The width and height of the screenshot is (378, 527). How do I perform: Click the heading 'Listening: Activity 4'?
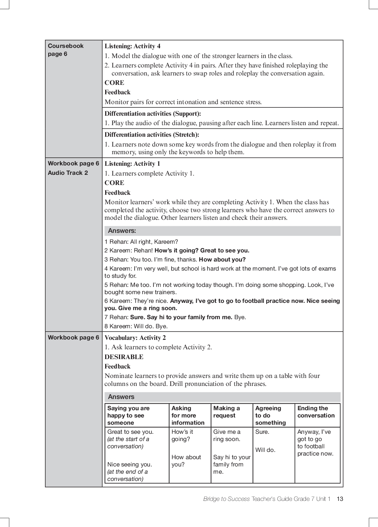[x=132, y=46]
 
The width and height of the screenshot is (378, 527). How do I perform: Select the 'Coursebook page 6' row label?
[x=66, y=50]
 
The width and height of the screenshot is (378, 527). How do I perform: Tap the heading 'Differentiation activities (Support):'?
[x=153, y=114]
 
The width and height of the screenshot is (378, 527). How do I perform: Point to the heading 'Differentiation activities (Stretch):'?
[x=152, y=135]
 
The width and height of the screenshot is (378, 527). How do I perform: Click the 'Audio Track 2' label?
[x=68, y=173]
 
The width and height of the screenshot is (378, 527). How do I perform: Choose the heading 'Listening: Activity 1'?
[x=132, y=164]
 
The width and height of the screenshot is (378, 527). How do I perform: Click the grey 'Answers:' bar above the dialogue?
[x=222, y=231]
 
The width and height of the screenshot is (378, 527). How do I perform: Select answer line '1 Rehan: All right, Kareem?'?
[x=141, y=242]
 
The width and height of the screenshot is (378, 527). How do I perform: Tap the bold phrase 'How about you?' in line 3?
[x=222, y=259]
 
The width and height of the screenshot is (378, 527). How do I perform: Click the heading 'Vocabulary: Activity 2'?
[x=135, y=338]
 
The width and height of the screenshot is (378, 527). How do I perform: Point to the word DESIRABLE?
[x=124, y=357]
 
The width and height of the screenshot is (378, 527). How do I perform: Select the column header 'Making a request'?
[x=226, y=412]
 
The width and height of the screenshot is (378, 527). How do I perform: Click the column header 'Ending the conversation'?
[x=316, y=412]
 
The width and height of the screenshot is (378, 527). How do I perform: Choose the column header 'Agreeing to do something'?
[x=270, y=415]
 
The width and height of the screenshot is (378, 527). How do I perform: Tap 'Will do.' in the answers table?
[x=265, y=450]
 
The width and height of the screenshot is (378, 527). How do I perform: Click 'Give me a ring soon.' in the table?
[x=227, y=435]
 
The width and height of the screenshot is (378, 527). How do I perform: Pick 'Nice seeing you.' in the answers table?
[x=130, y=464]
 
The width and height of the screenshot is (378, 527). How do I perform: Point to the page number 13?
[x=340, y=499]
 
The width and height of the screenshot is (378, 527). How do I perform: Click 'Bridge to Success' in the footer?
[x=226, y=499]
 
